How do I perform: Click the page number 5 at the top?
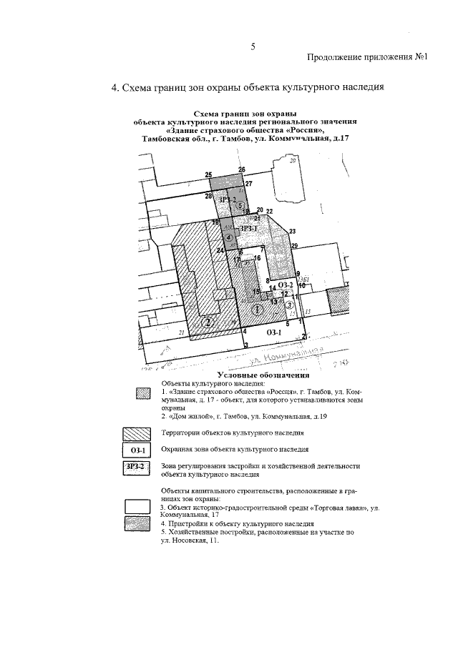click(x=253, y=47)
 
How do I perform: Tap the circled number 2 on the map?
click(x=208, y=322)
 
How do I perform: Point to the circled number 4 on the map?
click(x=228, y=237)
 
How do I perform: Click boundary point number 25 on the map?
click(x=208, y=175)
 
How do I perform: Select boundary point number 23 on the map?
click(x=293, y=231)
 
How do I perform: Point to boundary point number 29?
click(x=294, y=246)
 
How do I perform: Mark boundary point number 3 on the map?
click(x=245, y=346)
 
